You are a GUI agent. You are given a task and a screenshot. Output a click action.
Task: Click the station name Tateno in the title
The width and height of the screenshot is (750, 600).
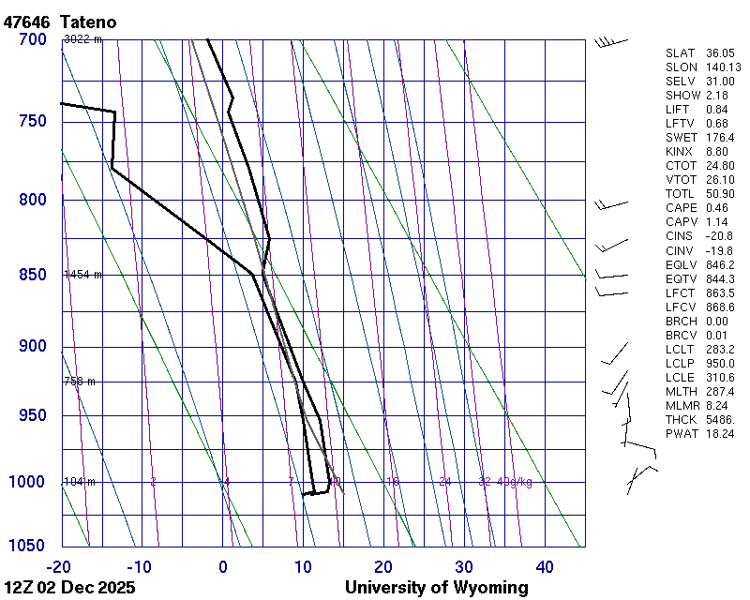90,22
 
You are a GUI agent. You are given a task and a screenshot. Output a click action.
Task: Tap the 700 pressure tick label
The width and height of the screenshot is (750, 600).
33,39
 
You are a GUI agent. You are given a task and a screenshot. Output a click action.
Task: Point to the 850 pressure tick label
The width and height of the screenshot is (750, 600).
33,275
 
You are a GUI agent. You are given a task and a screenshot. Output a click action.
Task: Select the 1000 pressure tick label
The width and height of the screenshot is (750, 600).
29,482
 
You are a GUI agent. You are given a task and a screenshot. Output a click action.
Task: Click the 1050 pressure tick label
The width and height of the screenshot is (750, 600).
29,546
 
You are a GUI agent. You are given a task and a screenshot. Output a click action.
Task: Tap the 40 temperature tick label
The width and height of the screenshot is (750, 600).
545,566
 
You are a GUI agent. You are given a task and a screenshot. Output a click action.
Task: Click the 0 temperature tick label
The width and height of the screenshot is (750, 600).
223,566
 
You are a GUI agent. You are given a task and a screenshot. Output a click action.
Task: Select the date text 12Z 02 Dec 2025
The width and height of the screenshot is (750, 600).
69,588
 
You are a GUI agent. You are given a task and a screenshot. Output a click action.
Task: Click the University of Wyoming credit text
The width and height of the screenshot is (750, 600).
437,588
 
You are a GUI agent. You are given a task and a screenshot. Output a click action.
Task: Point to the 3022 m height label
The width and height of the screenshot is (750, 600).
82,39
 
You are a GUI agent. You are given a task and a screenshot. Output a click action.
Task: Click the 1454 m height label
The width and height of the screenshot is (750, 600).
82,275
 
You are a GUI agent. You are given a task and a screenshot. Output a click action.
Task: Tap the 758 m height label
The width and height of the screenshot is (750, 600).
80,382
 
